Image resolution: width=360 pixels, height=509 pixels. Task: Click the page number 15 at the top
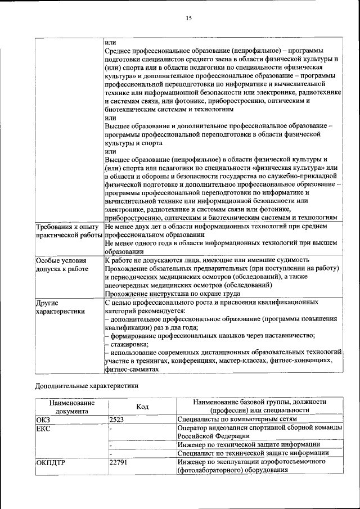189,18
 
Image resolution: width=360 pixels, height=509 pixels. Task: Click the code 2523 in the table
116,419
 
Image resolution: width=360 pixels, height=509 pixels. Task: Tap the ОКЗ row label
43,419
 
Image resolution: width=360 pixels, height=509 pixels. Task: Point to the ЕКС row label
43,428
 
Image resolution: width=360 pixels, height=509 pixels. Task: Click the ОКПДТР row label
49,462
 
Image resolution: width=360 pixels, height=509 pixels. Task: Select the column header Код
142,407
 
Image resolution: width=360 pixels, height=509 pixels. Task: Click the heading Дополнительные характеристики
86,386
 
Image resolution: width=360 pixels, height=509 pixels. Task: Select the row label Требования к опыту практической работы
69,230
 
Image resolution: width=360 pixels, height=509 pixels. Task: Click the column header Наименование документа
71,407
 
